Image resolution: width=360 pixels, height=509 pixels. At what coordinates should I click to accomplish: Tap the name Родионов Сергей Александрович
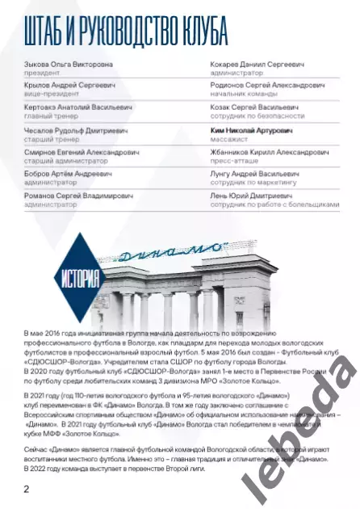click(266, 85)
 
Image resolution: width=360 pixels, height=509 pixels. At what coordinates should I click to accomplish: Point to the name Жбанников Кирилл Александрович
click(266, 151)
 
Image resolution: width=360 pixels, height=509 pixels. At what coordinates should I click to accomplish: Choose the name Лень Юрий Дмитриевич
click(251, 195)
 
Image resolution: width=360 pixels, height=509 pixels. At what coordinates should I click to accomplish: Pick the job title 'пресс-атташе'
click(232, 160)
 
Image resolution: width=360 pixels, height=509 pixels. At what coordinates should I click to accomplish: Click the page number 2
click(27, 489)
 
